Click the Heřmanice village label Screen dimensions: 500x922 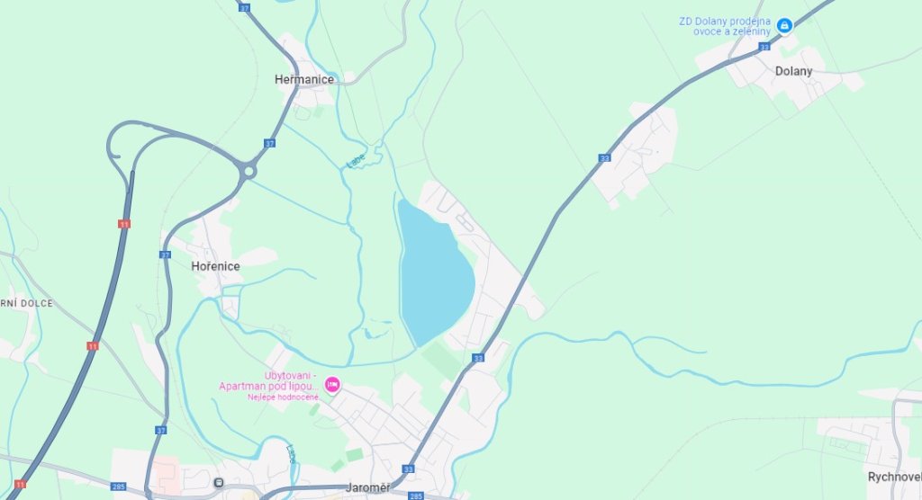click(303, 79)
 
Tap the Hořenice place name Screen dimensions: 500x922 click(215, 266)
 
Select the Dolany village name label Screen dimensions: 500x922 click(793, 71)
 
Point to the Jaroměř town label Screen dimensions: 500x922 click(368, 488)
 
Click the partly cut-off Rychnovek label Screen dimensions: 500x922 click(894, 477)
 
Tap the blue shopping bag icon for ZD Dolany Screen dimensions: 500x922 click(784, 25)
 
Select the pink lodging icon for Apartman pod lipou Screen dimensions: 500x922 click(332, 385)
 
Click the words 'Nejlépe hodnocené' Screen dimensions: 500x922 click(284, 397)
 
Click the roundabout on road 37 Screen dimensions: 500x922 click(249, 171)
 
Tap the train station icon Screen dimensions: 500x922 click(219, 483)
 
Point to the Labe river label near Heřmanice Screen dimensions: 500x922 click(357, 160)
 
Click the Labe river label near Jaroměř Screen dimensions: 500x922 click(291, 455)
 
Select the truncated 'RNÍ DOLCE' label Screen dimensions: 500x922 click(26, 303)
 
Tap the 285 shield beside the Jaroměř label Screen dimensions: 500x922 click(415, 496)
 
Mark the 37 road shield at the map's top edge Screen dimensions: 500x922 click(245, 6)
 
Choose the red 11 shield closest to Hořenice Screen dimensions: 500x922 click(123, 224)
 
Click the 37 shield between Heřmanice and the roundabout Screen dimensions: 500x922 click(270, 143)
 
